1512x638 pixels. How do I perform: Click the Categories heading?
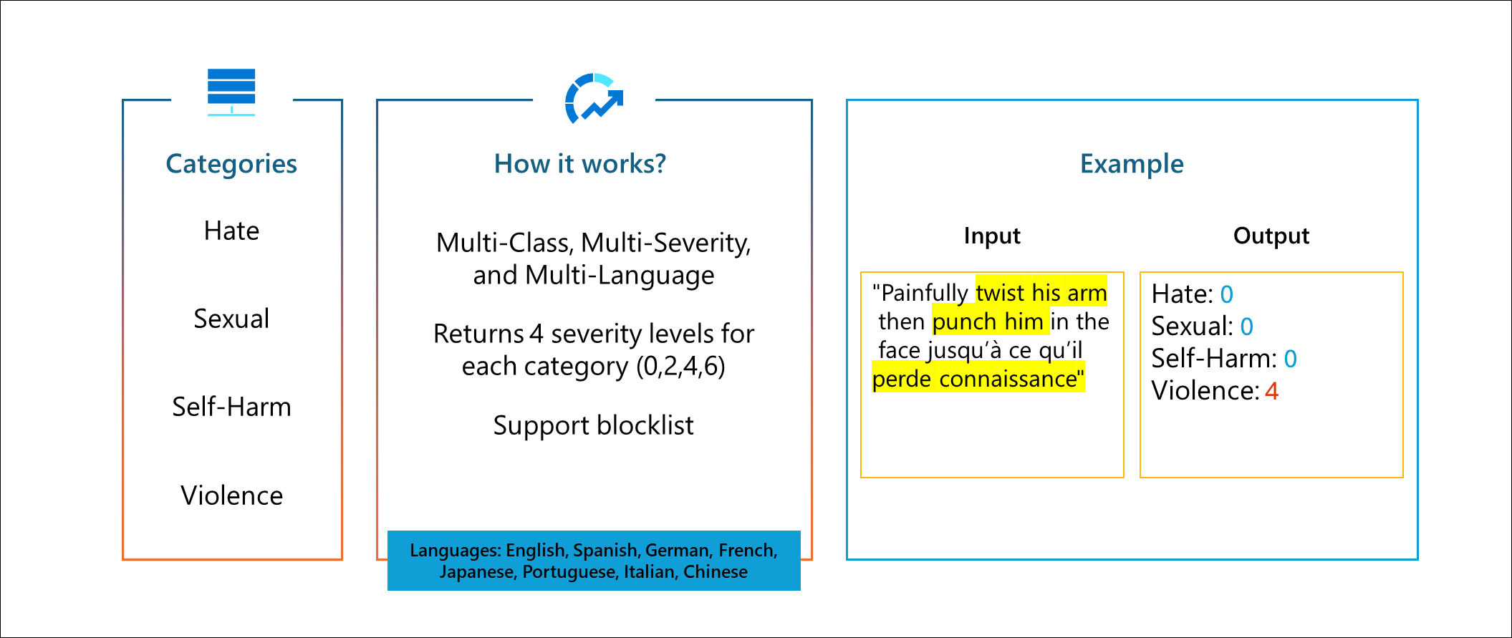231,164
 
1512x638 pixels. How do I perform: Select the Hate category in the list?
231,231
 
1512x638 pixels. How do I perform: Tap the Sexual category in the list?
231,319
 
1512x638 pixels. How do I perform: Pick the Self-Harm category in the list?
231,407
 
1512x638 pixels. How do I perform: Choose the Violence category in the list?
231,496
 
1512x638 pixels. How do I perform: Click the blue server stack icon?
231,92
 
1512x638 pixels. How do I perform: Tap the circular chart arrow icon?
594,99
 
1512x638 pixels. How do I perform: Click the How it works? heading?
580,164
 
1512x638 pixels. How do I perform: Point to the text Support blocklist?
593,425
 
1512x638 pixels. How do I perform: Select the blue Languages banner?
594,561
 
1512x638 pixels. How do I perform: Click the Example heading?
1132,164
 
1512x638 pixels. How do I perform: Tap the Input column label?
992,236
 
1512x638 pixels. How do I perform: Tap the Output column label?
1271,236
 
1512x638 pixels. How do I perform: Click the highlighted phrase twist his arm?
1041,293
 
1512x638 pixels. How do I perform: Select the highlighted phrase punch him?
988,322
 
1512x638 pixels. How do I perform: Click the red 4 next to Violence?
1271,391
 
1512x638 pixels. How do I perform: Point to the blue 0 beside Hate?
1227,294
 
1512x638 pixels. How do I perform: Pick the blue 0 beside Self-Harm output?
1291,359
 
